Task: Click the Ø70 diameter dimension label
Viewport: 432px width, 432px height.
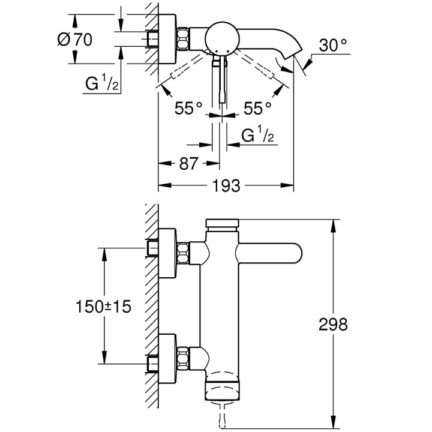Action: [74, 40]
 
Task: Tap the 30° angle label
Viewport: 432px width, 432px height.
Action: [333, 45]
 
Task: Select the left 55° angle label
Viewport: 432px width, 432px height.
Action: [188, 108]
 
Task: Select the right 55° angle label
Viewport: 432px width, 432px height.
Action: [257, 108]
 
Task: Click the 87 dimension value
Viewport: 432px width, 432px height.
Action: [189, 163]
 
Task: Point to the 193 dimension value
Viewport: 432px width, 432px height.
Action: [226, 185]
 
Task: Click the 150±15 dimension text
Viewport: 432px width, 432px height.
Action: [103, 307]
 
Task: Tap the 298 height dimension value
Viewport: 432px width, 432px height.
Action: [333, 324]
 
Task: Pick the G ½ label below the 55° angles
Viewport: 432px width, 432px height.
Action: [257, 134]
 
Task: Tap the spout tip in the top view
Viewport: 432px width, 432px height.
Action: [293, 53]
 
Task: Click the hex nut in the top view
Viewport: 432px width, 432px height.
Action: [182, 38]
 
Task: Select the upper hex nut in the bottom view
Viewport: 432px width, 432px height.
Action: [182, 253]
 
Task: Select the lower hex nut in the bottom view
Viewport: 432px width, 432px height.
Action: [182, 358]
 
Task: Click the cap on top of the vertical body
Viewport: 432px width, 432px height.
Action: [222, 224]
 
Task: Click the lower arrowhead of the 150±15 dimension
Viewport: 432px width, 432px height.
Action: [104, 357]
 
